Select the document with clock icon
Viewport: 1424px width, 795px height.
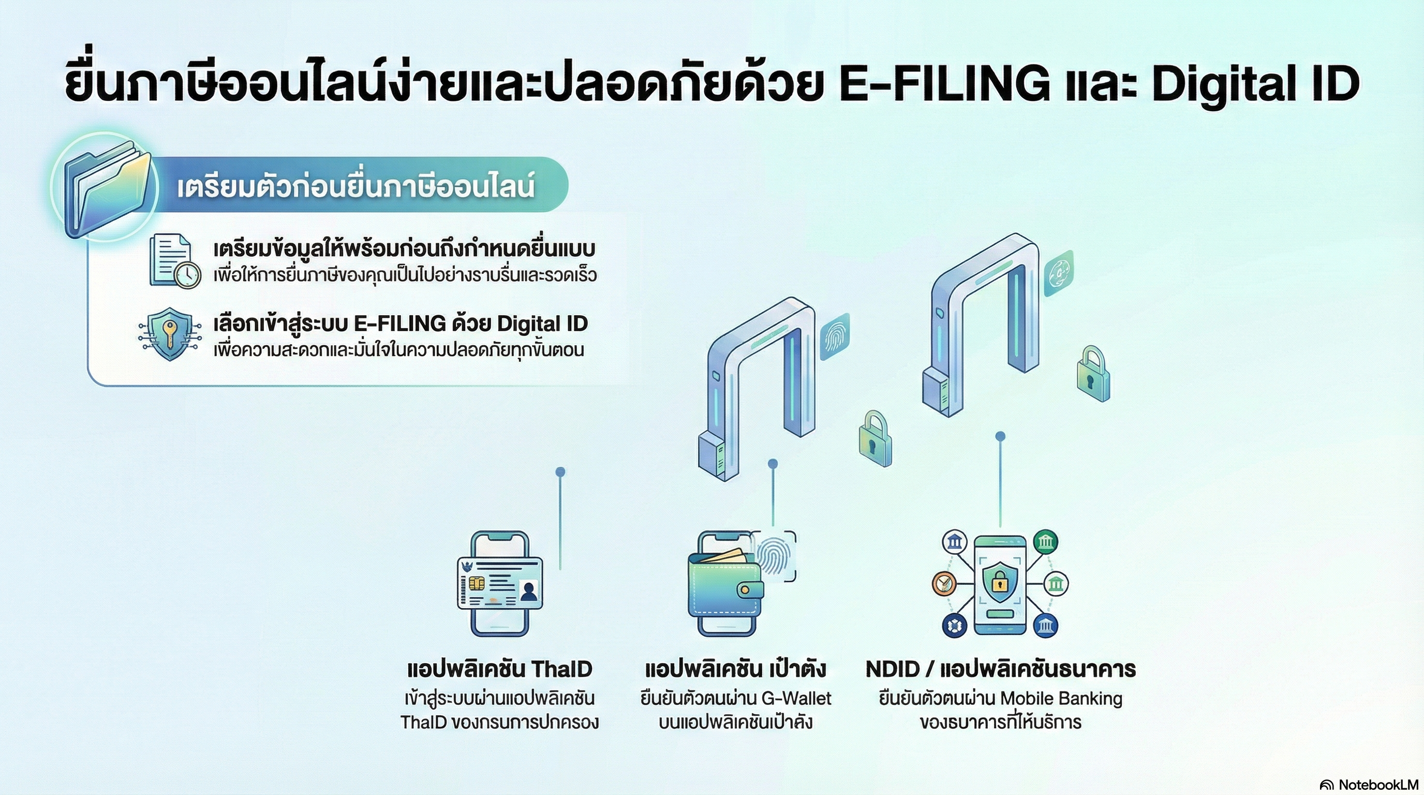174,261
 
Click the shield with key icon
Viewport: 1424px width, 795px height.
170,333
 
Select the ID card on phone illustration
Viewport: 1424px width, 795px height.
500,583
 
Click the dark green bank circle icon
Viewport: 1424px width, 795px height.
1045,541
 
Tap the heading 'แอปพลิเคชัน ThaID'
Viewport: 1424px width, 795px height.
499,669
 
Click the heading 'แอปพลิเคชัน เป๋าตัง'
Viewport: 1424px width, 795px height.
735,669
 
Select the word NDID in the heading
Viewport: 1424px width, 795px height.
892,669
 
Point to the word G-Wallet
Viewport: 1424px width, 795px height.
796,699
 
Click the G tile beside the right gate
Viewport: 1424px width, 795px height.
1059,273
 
